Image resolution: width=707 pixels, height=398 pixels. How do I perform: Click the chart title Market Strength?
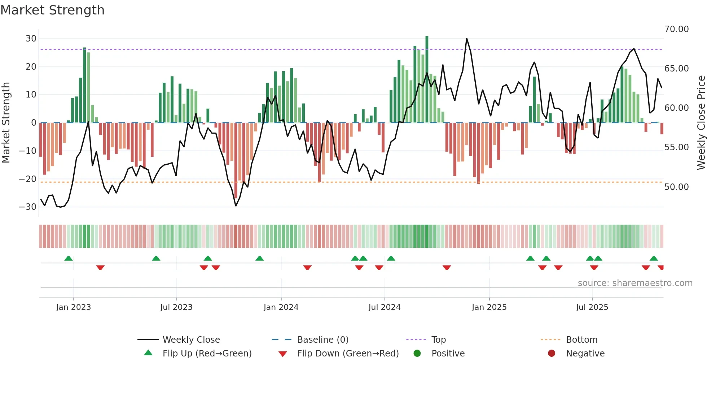click(52, 10)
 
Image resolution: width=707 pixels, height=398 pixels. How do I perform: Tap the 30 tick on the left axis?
click(31, 39)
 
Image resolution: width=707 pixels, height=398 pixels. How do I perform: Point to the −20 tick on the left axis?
click(28, 179)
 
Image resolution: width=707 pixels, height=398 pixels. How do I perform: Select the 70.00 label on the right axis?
click(676, 29)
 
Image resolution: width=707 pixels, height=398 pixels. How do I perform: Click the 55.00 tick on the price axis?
click(676, 147)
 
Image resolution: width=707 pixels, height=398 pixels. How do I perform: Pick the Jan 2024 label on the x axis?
click(281, 307)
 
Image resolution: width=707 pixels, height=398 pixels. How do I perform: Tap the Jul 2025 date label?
click(592, 307)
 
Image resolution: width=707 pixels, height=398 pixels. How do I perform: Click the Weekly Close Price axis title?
click(701, 123)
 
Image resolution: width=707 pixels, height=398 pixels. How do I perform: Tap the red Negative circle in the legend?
click(551, 354)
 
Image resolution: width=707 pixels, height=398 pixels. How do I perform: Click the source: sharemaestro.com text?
click(635, 283)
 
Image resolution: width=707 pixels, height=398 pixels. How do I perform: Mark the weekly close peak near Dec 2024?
click(466, 39)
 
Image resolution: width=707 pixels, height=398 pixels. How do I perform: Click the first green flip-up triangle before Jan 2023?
click(69, 258)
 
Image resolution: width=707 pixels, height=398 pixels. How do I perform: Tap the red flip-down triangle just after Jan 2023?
click(100, 268)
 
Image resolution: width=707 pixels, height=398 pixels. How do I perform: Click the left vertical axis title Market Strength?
click(6, 123)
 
